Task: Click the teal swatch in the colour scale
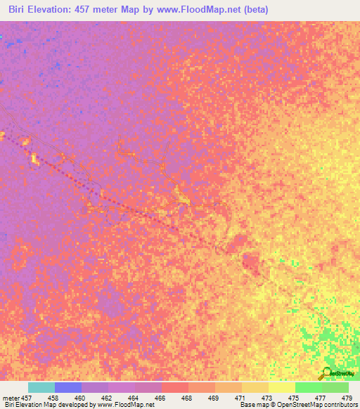click(x=41, y=387)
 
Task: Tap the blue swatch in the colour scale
click(x=68, y=387)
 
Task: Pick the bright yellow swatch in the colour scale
click(x=281, y=387)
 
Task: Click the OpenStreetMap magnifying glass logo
click(x=324, y=372)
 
